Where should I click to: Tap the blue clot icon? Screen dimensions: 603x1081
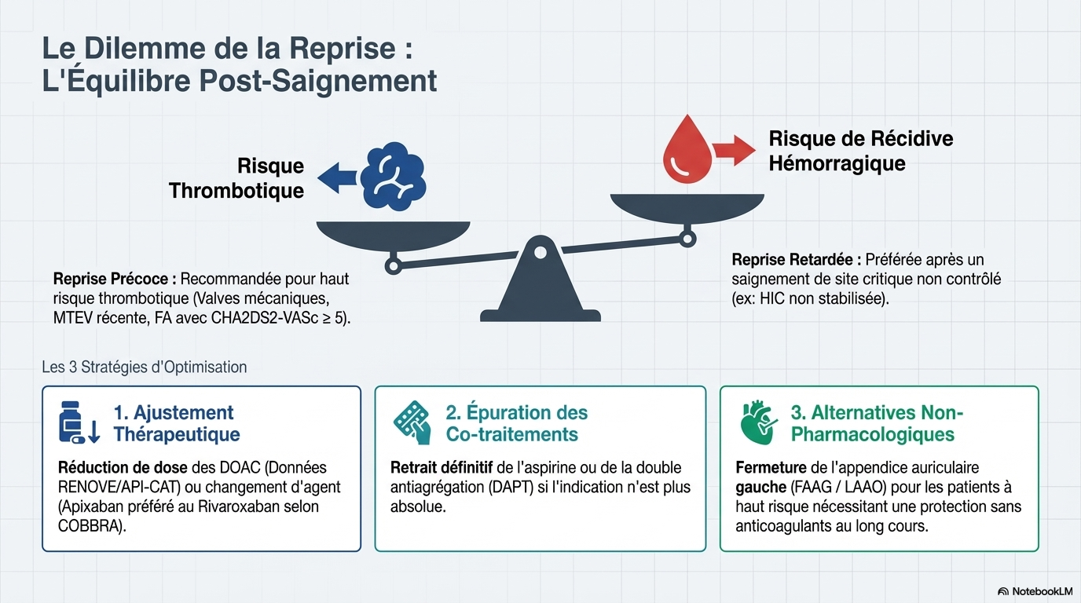(393, 176)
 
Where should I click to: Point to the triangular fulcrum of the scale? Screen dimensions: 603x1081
(540, 282)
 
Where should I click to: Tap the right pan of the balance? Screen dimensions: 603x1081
(687, 206)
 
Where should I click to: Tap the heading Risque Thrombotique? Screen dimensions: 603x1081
(236, 178)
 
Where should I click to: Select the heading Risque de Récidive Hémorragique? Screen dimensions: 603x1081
(859, 151)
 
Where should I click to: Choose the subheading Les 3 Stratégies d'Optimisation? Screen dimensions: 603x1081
(145, 367)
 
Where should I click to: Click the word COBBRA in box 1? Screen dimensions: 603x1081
(90, 525)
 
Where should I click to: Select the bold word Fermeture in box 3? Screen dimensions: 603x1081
(771, 468)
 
